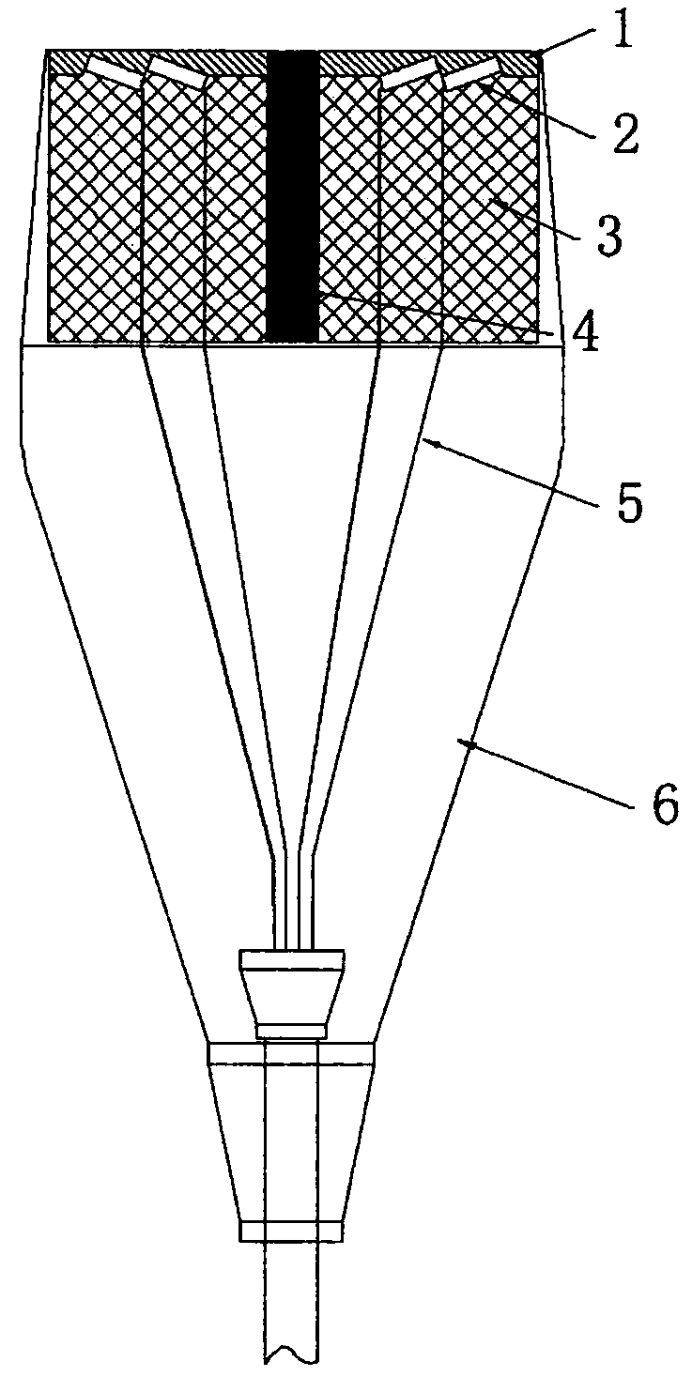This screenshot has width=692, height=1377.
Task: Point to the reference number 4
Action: pos(587,335)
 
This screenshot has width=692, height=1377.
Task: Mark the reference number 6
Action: pos(663,806)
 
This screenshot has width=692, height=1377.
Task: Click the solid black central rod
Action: pos(293,197)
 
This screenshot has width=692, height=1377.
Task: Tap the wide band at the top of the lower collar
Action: pos(291,1054)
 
